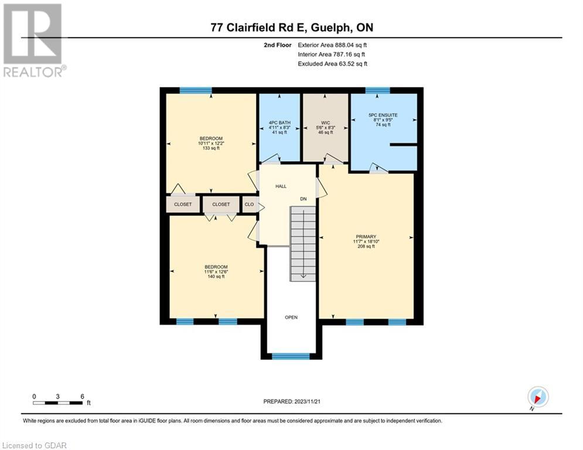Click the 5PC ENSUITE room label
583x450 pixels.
[x=383, y=115]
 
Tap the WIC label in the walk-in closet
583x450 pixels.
[x=326, y=122]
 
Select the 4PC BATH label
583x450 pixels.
[x=279, y=122]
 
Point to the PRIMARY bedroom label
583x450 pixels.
[x=366, y=237]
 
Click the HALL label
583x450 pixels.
[x=281, y=186]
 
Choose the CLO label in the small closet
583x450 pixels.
[x=249, y=204]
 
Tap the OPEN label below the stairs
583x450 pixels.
[x=291, y=317]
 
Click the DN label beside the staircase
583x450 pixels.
[x=304, y=199]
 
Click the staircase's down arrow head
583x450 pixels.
[x=304, y=276]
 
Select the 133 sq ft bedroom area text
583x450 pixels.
[x=211, y=148]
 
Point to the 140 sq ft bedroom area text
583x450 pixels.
[x=216, y=277]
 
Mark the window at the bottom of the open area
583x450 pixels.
[x=291, y=356]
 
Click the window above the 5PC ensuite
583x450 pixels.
[x=377, y=90]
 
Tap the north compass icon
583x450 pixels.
[x=538, y=397]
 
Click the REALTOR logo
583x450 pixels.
[x=33, y=40]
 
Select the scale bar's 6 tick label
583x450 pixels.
[x=82, y=397]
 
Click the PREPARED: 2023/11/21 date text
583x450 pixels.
[x=292, y=401]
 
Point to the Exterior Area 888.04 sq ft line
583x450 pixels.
[x=332, y=45]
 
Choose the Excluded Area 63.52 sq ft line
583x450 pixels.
[x=333, y=64]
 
